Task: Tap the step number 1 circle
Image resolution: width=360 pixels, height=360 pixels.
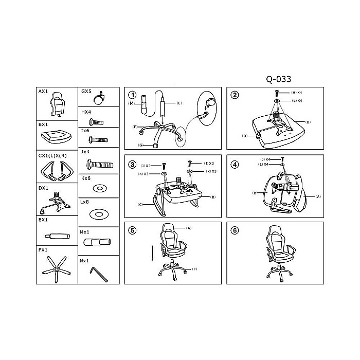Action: pyautogui.click(x=133, y=95)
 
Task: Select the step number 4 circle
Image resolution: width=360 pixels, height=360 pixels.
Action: pyautogui.click(x=235, y=165)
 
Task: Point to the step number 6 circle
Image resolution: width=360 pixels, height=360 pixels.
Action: pyautogui.click(x=235, y=230)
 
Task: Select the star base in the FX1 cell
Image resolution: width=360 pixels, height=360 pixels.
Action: pyautogui.click(x=57, y=268)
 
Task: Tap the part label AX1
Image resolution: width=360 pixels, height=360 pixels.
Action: pyautogui.click(x=44, y=91)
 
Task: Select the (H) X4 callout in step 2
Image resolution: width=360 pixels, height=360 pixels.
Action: pyautogui.click(x=296, y=92)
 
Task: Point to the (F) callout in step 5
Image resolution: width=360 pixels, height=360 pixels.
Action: pyautogui.click(x=195, y=269)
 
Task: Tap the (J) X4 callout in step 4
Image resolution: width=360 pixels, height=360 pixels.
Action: pyautogui.click(x=266, y=159)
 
